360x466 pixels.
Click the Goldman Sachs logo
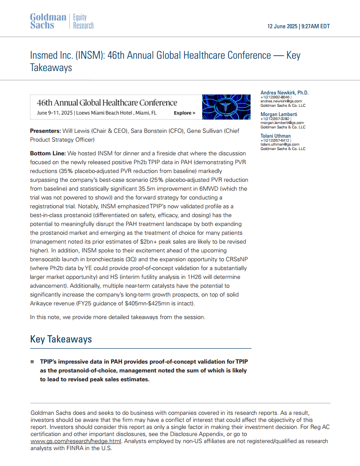48,21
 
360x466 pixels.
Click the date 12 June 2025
282,26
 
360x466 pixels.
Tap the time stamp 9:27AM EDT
315,26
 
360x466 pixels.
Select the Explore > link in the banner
184,113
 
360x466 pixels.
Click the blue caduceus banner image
226,107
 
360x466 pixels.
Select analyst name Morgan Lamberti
279,114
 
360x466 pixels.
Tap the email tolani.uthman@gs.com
280,144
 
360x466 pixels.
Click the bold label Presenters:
45,131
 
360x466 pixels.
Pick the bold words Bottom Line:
47,153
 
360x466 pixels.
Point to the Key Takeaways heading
61,339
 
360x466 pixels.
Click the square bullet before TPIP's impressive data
32,362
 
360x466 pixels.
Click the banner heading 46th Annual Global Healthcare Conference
107,103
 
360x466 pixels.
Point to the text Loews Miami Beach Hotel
103,113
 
